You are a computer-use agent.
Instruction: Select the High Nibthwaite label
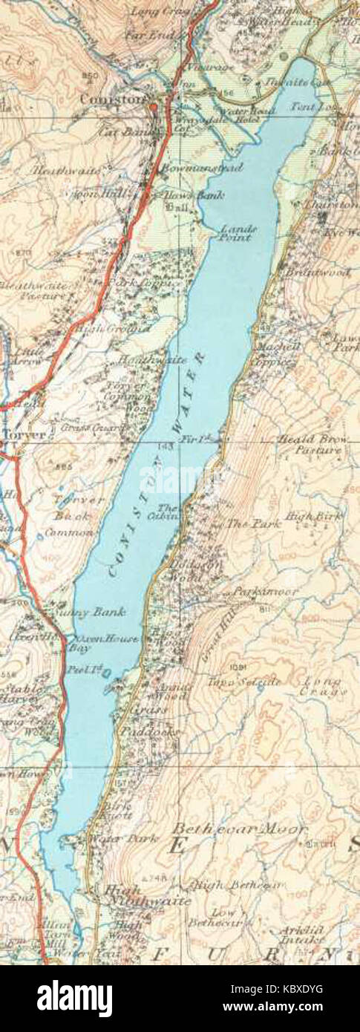tap(145, 895)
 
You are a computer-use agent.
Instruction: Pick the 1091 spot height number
tap(237, 665)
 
